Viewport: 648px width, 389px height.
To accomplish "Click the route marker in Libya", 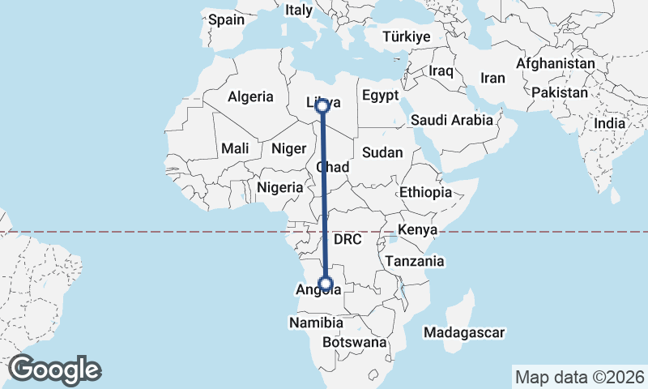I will coord(322,105).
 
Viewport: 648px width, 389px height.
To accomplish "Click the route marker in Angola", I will coord(326,283).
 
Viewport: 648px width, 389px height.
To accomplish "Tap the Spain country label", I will coord(226,19).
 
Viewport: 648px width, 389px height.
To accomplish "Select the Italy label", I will coord(298,11).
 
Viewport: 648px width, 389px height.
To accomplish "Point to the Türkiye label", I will coord(407,37).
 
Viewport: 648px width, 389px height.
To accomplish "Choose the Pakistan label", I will coord(560,92).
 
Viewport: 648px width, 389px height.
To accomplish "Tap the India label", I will coord(610,123).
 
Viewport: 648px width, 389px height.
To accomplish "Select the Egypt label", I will coord(380,96).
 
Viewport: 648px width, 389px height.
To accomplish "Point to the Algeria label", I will coord(250,96).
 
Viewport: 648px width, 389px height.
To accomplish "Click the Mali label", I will coord(235,148).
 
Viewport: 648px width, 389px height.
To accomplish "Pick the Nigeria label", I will coord(279,187).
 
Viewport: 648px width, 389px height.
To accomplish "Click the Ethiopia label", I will coord(425,193).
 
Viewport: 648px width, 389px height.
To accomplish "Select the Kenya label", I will coord(418,231).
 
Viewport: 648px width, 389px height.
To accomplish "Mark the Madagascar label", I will coord(464,332).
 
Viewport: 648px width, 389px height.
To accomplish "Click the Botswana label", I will coord(355,343).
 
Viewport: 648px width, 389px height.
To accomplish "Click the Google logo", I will coord(54,370).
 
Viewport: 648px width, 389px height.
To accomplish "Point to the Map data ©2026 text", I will coord(579,377).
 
